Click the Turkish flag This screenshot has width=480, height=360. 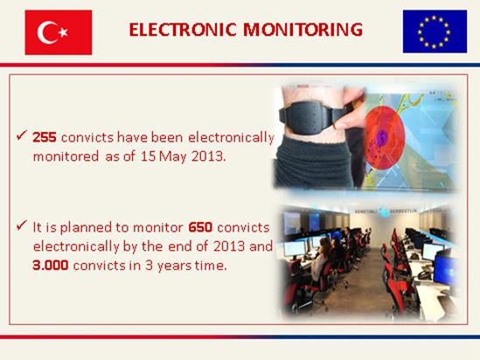click(59, 32)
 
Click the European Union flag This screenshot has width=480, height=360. click(435, 31)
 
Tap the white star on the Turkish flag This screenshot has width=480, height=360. click(63, 31)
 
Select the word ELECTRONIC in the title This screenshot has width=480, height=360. click(183, 30)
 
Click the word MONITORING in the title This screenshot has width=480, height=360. click(303, 30)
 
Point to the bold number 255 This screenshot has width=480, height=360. click(45, 138)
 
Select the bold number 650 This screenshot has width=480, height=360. click(200, 227)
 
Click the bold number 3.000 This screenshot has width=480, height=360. click(51, 265)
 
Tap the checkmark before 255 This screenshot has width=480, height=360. click(22, 135)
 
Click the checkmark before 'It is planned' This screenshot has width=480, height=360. click(22, 225)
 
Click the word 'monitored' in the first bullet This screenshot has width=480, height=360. click(66, 156)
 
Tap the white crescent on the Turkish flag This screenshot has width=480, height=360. click(46, 32)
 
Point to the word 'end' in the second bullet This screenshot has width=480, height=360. click(179, 246)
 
